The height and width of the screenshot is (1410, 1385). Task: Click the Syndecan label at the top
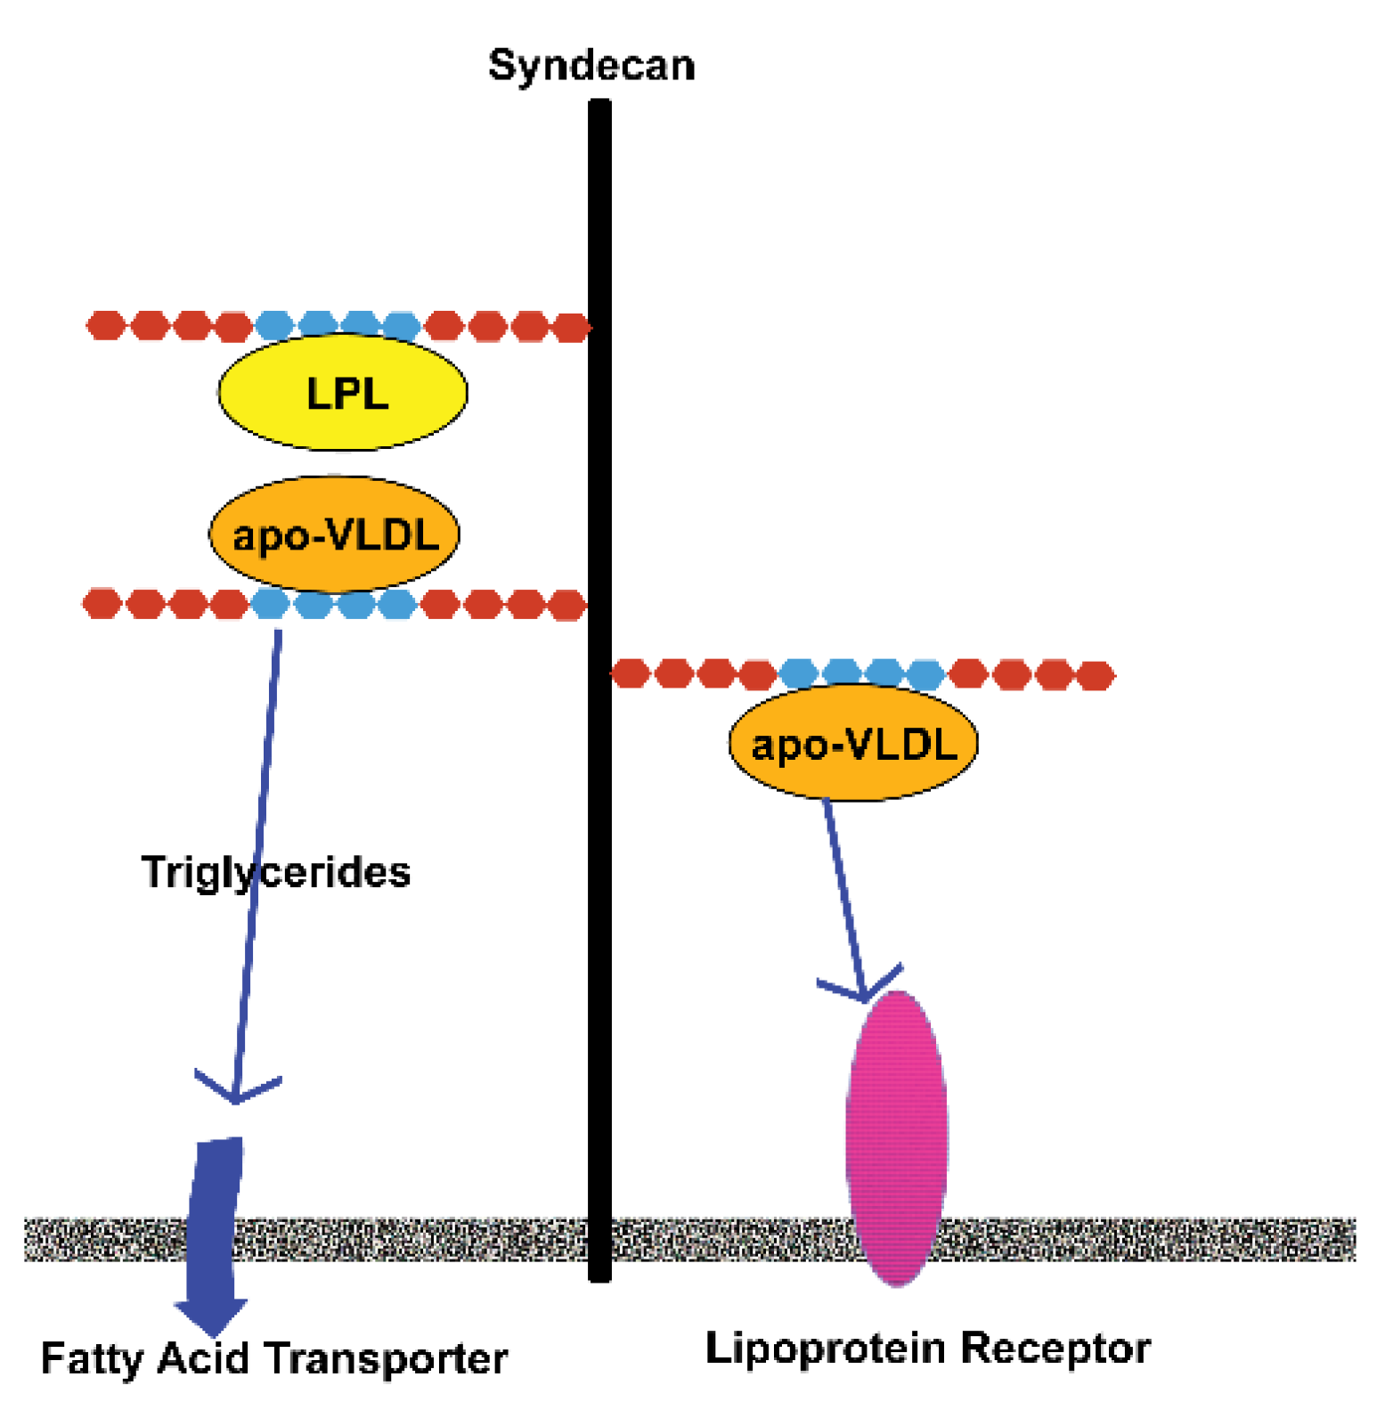click(x=591, y=66)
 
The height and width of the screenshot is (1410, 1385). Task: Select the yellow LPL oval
click(x=343, y=392)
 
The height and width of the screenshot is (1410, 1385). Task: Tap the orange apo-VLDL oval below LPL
click(x=334, y=534)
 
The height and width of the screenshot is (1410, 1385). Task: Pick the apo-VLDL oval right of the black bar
click(x=853, y=743)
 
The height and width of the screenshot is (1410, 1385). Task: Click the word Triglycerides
click(x=276, y=872)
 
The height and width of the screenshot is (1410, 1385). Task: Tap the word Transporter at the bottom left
click(x=386, y=1359)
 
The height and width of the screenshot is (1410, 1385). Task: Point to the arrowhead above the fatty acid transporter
click(x=235, y=1090)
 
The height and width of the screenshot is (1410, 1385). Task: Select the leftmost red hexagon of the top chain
click(x=106, y=325)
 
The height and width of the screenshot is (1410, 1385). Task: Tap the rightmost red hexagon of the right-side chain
click(x=1096, y=675)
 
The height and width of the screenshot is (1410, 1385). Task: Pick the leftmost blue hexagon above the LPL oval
click(x=274, y=325)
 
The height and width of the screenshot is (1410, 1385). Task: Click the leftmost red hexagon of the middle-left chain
click(x=102, y=603)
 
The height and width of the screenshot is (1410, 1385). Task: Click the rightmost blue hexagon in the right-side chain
click(x=926, y=674)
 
